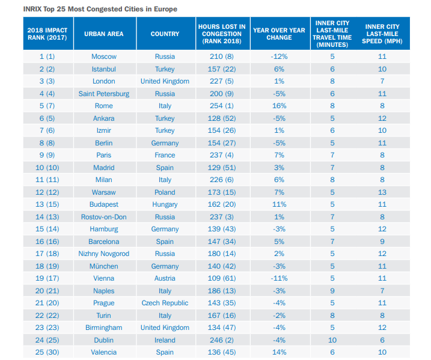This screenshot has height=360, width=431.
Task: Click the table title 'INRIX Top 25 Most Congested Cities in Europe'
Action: point(100,9)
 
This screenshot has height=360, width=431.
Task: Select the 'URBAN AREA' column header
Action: point(104,34)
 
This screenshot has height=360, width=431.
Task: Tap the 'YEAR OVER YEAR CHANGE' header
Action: point(279,34)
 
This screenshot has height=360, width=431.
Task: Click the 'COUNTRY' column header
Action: point(165,34)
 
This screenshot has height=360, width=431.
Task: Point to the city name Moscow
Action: point(104,56)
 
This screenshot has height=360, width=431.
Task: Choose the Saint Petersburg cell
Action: point(104,94)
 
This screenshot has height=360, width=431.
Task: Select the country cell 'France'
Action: point(165,155)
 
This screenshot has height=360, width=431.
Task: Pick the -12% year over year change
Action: point(279,56)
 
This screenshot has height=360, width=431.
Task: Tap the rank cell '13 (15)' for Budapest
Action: point(47,204)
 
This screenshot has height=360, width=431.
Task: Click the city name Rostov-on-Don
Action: point(104,217)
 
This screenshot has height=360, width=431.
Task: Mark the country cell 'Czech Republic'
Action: point(165,303)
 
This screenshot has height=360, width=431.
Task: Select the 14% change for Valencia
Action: point(279,352)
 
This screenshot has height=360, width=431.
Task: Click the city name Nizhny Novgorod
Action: point(104,254)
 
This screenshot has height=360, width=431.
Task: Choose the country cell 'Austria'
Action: point(165,278)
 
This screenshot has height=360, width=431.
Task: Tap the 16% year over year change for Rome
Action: point(279,106)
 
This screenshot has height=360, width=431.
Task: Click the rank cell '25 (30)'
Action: point(47,352)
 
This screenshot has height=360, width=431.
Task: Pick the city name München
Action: point(104,266)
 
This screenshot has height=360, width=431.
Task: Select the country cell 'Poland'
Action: point(165,192)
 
